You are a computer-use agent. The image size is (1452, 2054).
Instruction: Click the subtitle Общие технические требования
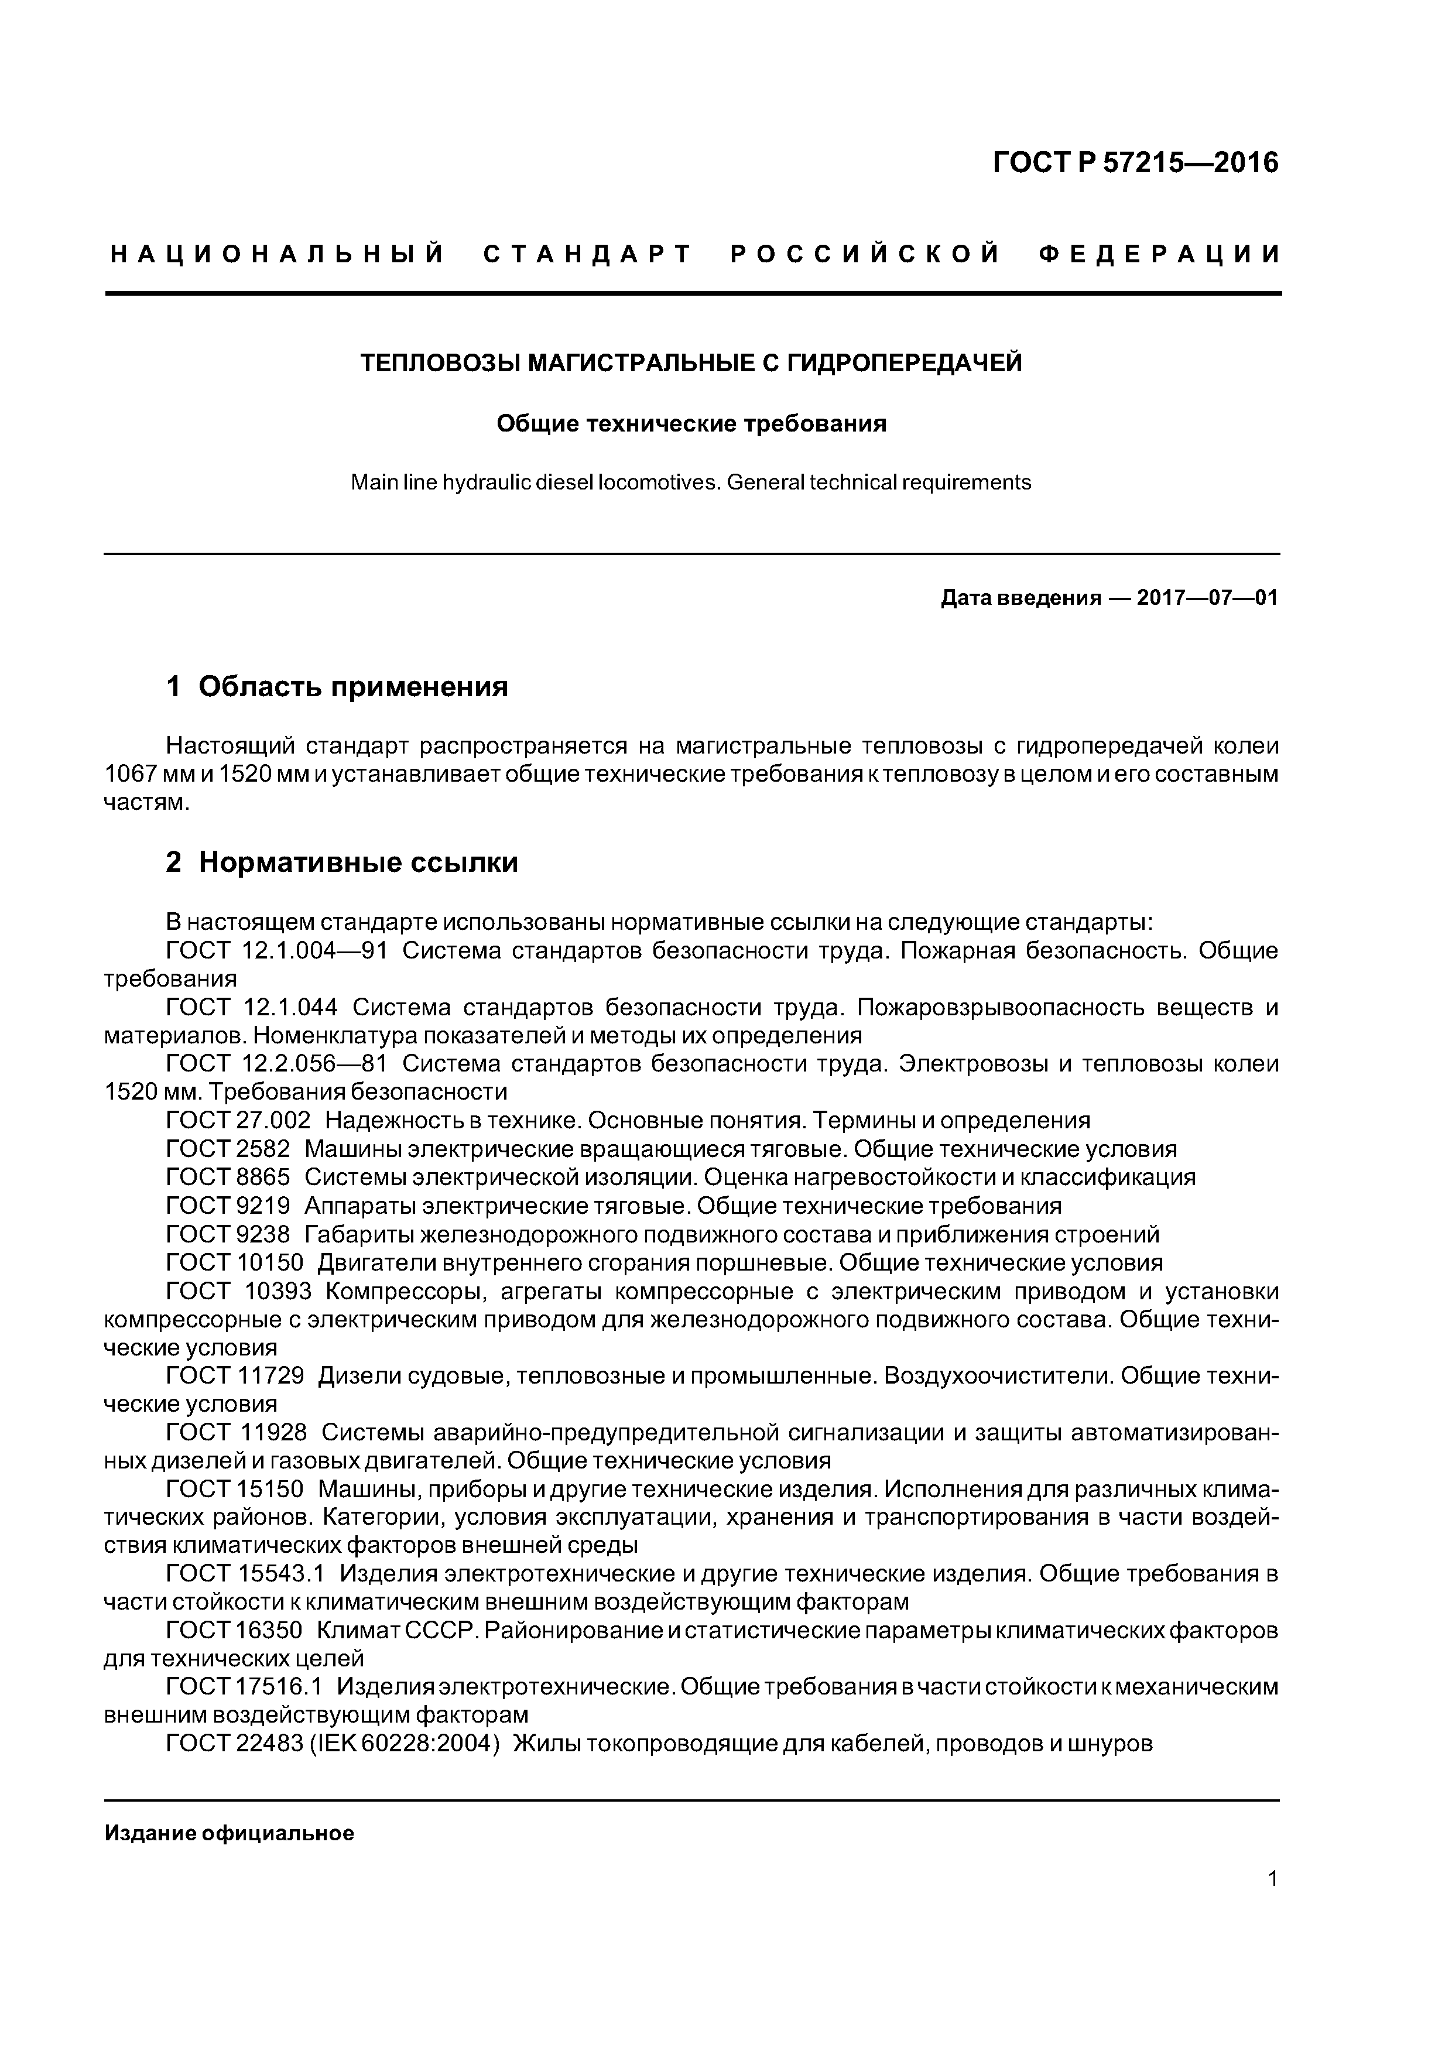(x=691, y=423)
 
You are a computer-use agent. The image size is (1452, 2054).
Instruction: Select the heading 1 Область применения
(x=337, y=687)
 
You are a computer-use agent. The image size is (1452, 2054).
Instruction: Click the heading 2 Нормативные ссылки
(x=342, y=862)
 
